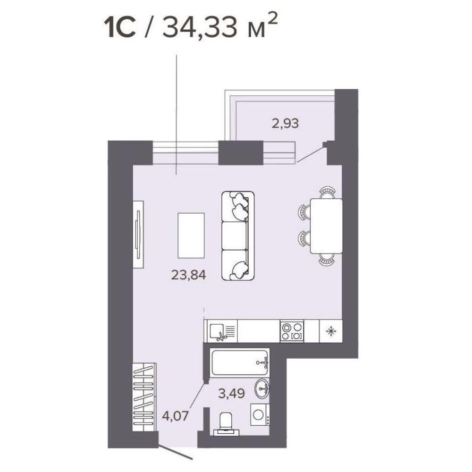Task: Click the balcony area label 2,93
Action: click(x=285, y=123)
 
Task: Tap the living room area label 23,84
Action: click(x=188, y=275)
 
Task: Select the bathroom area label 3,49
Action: click(x=231, y=394)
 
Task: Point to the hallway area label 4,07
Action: click(x=175, y=416)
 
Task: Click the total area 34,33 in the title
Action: click(x=199, y=28)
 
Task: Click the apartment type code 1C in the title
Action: click(x=119, y=28)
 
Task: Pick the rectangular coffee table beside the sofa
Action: click(x=191, y=236)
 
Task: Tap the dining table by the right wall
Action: click(x=326, y=226)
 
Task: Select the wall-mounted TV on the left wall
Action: click(x=138, y=234)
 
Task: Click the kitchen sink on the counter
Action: click(x=221, y=331)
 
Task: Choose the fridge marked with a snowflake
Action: click(x=331, y=331)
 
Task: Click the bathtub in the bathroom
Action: click(x=239, y=362)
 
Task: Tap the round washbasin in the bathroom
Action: click(x=262, y=389)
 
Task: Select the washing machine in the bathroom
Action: click(x=260, y=414)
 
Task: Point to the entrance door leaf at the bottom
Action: click(x=175, y=453)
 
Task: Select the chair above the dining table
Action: click(x=327, y=193)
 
